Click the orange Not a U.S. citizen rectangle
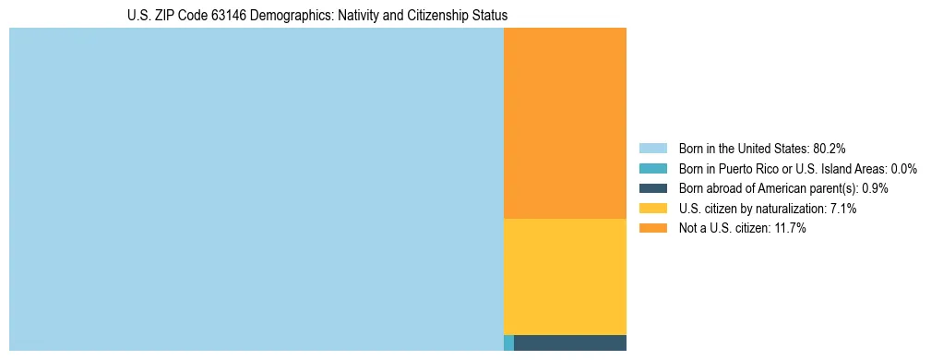[565, 123]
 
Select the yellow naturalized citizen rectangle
[565, 276]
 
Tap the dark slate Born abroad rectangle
[569, 343]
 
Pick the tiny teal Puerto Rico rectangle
[508, 343]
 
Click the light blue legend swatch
[652, 149]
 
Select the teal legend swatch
[652, 169]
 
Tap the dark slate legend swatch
[652, 188]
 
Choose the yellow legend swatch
[652, 209]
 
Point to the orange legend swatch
[652, 228]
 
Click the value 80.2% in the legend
[829, 149]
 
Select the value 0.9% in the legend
[875, 188]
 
